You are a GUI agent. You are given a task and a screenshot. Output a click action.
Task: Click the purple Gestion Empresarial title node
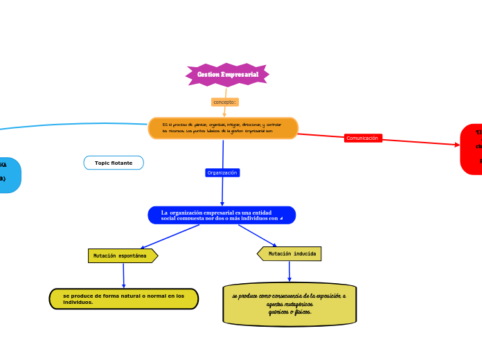227,75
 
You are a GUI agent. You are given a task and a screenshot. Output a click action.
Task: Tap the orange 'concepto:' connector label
224,102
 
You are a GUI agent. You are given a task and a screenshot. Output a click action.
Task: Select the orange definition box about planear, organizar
223,128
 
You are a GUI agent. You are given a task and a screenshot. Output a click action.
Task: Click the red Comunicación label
363,138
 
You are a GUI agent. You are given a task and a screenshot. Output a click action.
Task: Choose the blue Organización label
222,172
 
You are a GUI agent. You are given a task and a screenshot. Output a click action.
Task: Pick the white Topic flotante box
114,163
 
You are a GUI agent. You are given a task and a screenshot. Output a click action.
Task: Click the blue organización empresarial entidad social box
222,215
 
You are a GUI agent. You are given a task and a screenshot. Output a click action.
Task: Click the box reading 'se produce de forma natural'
124,299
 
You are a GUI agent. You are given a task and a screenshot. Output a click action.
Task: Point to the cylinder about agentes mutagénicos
289,304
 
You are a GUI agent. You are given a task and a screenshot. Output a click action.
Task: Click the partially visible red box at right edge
472,149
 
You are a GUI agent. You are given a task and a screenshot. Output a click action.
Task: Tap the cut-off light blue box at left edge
9,175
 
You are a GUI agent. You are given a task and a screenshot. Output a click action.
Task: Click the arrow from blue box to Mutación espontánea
170,236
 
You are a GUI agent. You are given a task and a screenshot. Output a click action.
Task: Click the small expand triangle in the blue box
281,219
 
